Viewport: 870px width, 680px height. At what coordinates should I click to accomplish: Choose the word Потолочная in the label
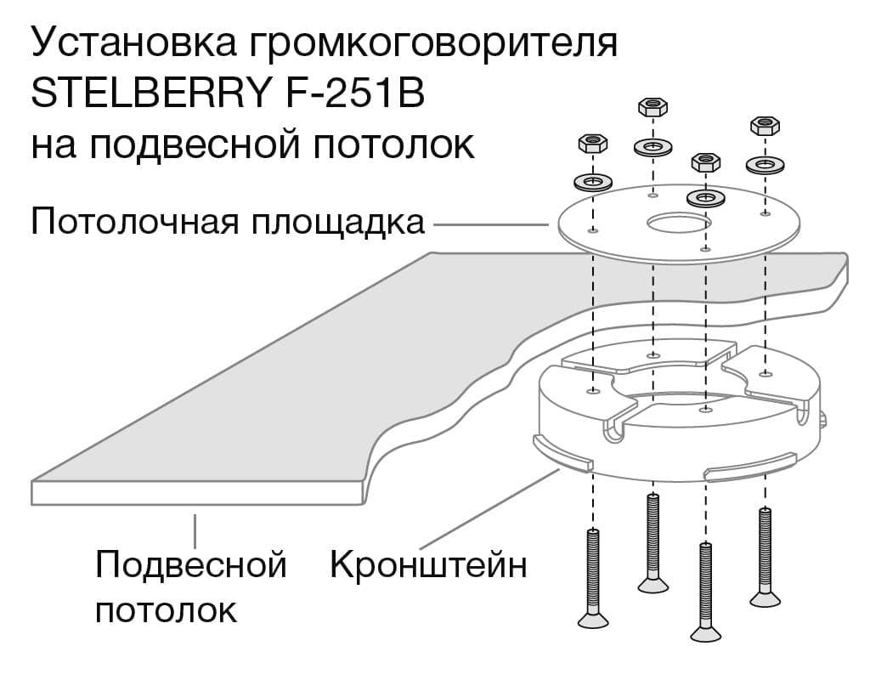point(133,224)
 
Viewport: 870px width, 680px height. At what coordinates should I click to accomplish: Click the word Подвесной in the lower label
point(190,564)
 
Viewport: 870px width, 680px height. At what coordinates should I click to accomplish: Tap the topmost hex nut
point(652,107)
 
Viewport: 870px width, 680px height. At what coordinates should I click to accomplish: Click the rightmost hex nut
point(765,126)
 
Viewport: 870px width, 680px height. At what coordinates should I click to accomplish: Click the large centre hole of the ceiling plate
point(677,224)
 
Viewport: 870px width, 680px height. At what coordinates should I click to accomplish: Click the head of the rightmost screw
point(764,598)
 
